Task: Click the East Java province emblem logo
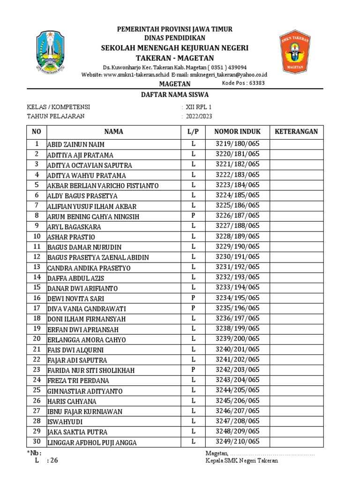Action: (53, 52)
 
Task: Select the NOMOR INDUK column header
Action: (237, 132)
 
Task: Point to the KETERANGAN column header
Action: (296, 132)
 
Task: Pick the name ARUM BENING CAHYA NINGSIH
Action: (93, 217)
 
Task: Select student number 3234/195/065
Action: (237, 298)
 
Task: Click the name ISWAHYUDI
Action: (65, 422)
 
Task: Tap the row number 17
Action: (37, 308)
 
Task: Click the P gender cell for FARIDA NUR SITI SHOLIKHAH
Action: (193, 370)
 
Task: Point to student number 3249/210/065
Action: (237, 442)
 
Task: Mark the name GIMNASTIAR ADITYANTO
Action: (85, 391)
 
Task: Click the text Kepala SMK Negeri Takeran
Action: (241, 460)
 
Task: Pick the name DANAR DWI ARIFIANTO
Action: (82, 288)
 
